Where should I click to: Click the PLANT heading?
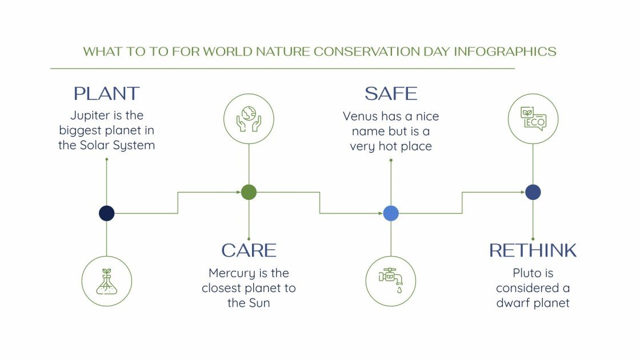(107, 94)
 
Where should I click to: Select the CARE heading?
(249, 250)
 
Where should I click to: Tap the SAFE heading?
(391, 94)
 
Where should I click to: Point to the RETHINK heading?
(533, 250)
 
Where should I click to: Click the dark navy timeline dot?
(107, 213)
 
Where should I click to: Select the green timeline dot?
(249, 193)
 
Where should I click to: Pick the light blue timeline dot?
(391, 213)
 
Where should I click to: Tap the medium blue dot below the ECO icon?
(533, 193)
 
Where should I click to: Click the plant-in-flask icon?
(107, 281)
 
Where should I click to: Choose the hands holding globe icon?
(249, 119)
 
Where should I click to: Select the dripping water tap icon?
(391, 281)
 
